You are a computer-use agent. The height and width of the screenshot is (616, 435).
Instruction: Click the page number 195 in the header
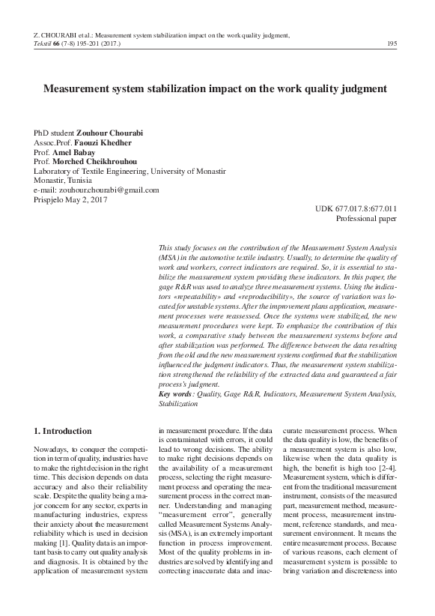[x=392, y=44]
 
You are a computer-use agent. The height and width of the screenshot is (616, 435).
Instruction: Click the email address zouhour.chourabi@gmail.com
[x=109, y=190]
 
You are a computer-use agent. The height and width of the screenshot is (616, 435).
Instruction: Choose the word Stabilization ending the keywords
[x=178, y=403]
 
